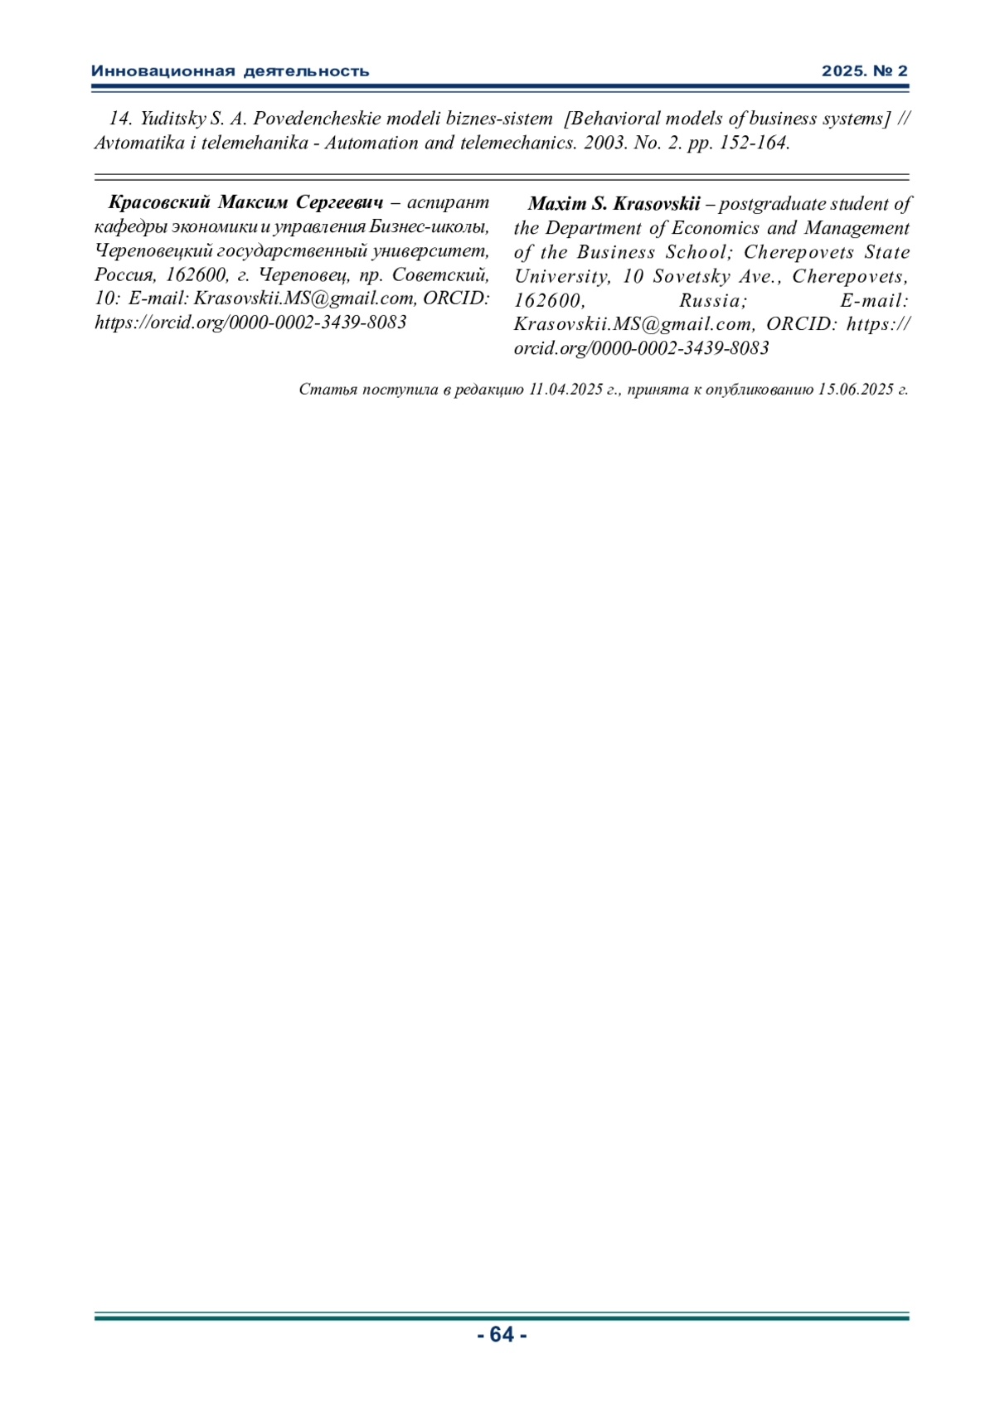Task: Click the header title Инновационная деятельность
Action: click(x=230, y=71)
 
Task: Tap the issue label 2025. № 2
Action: click(x=865, y=71)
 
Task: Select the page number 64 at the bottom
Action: click(x=502, y=1334)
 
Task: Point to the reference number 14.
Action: click(x=121, y=119)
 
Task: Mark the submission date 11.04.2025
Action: click(x=565, y=389)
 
